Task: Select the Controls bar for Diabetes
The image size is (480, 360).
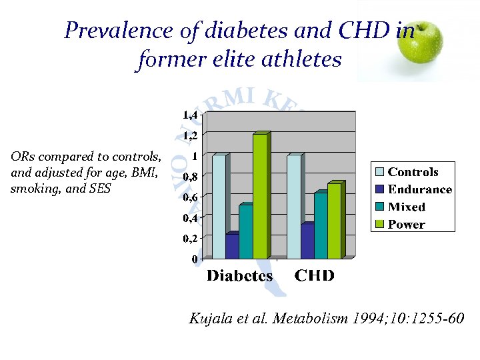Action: click(219, 207)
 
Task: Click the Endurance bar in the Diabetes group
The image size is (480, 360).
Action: click(232, 246)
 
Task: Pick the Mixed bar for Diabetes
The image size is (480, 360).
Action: click(245, 231)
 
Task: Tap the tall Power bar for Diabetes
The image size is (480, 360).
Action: click(260, 196)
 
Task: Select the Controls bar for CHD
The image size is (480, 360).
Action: click(293, 207)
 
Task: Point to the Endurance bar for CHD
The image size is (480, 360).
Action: click(307, 241)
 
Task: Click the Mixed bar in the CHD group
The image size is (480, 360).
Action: click(321, 225)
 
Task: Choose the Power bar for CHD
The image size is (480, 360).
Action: click(334, 221)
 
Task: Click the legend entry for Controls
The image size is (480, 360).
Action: click(412, 172)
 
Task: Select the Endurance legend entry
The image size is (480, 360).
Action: click(418, 189)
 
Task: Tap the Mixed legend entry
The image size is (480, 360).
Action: click(405, 207)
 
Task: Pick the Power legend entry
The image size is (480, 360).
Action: click(405, 224)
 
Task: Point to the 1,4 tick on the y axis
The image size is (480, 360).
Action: click(191, 115)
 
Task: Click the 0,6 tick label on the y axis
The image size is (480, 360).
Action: click(191, 197)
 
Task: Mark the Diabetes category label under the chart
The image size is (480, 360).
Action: click(239, 276)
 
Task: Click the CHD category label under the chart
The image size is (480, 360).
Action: click(314, 276)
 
